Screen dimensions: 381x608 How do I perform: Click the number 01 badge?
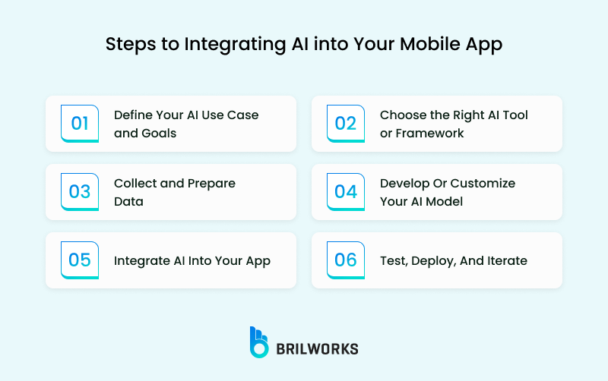[80, 124]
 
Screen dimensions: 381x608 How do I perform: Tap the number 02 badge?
[346, 124]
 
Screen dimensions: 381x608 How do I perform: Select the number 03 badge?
[80, 192]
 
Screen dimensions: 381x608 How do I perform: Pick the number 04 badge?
[346, 192]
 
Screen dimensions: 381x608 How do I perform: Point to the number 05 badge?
[80, 260]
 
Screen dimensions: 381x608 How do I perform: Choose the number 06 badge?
[346, 260]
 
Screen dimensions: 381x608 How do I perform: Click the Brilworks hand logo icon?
[259, 342]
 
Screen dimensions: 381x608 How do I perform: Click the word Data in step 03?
[128, 202]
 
